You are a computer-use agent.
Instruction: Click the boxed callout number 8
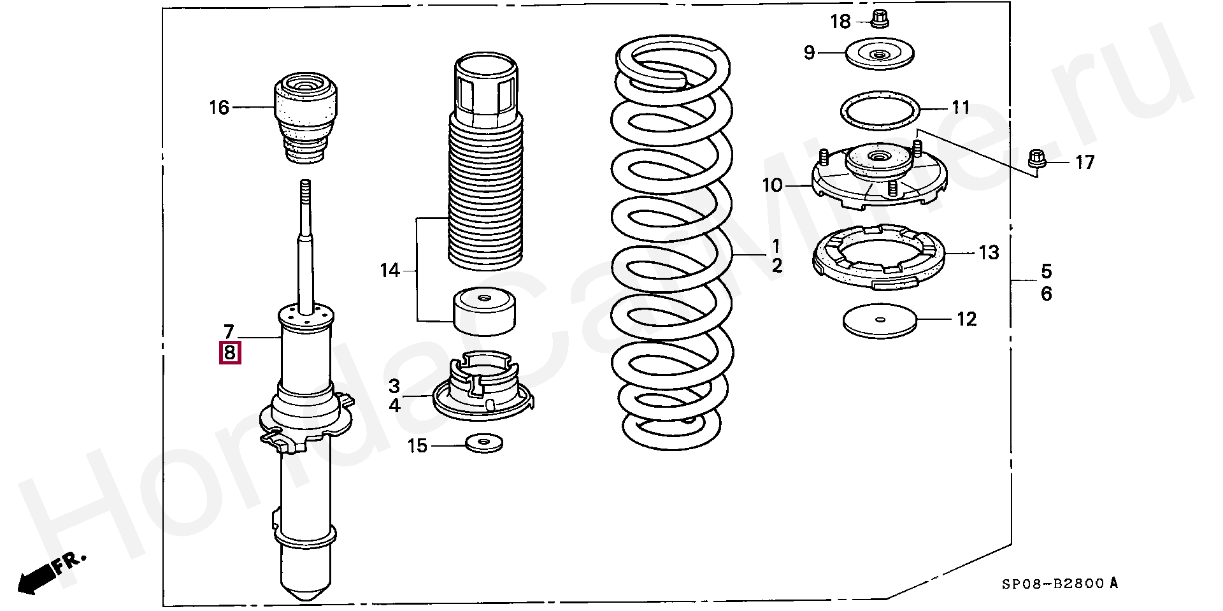click(230, 352)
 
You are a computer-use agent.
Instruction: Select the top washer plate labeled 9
click(880, 55)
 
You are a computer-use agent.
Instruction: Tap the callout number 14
click(389, 271)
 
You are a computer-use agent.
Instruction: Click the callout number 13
click(989, 254)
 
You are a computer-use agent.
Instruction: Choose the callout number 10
click(772, 185)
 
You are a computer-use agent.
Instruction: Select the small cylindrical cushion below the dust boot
click(483, 312)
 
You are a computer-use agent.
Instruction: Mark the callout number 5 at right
click(1047, 271)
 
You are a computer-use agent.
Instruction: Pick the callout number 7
click(229, 331)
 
